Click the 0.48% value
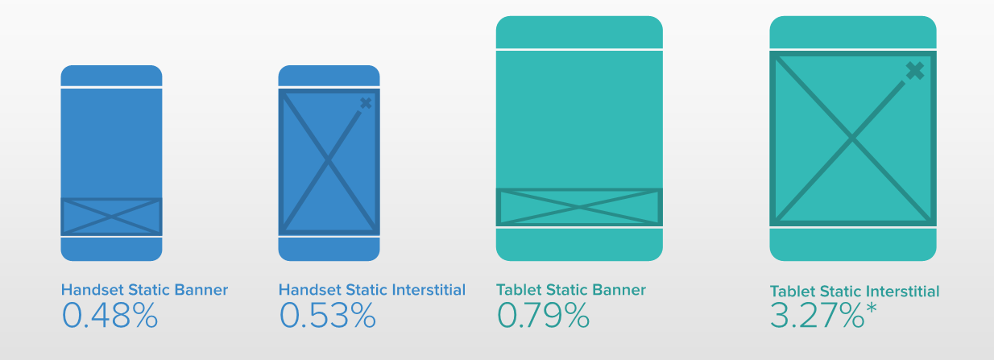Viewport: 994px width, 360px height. click(110, 315)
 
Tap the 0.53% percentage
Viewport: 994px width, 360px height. click(328, 315)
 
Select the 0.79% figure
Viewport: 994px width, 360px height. click(543, 315)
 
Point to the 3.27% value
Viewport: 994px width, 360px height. click(818, 315)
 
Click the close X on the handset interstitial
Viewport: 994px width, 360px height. click(366, 103)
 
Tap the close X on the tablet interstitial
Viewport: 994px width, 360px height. click(915, 71)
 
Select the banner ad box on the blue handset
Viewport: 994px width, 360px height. click(111, 217)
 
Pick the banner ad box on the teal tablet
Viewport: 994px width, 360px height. click(579, 207)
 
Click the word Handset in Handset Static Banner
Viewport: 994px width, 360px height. click(93, 290)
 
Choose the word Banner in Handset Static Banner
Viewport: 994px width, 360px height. click(201, 290)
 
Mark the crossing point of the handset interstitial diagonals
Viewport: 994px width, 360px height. click(329, 162)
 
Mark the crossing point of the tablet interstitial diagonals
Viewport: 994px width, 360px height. click(852, 139)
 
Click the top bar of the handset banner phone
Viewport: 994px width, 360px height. click(111, 76)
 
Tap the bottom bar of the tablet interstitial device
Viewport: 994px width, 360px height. click(853, 245)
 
